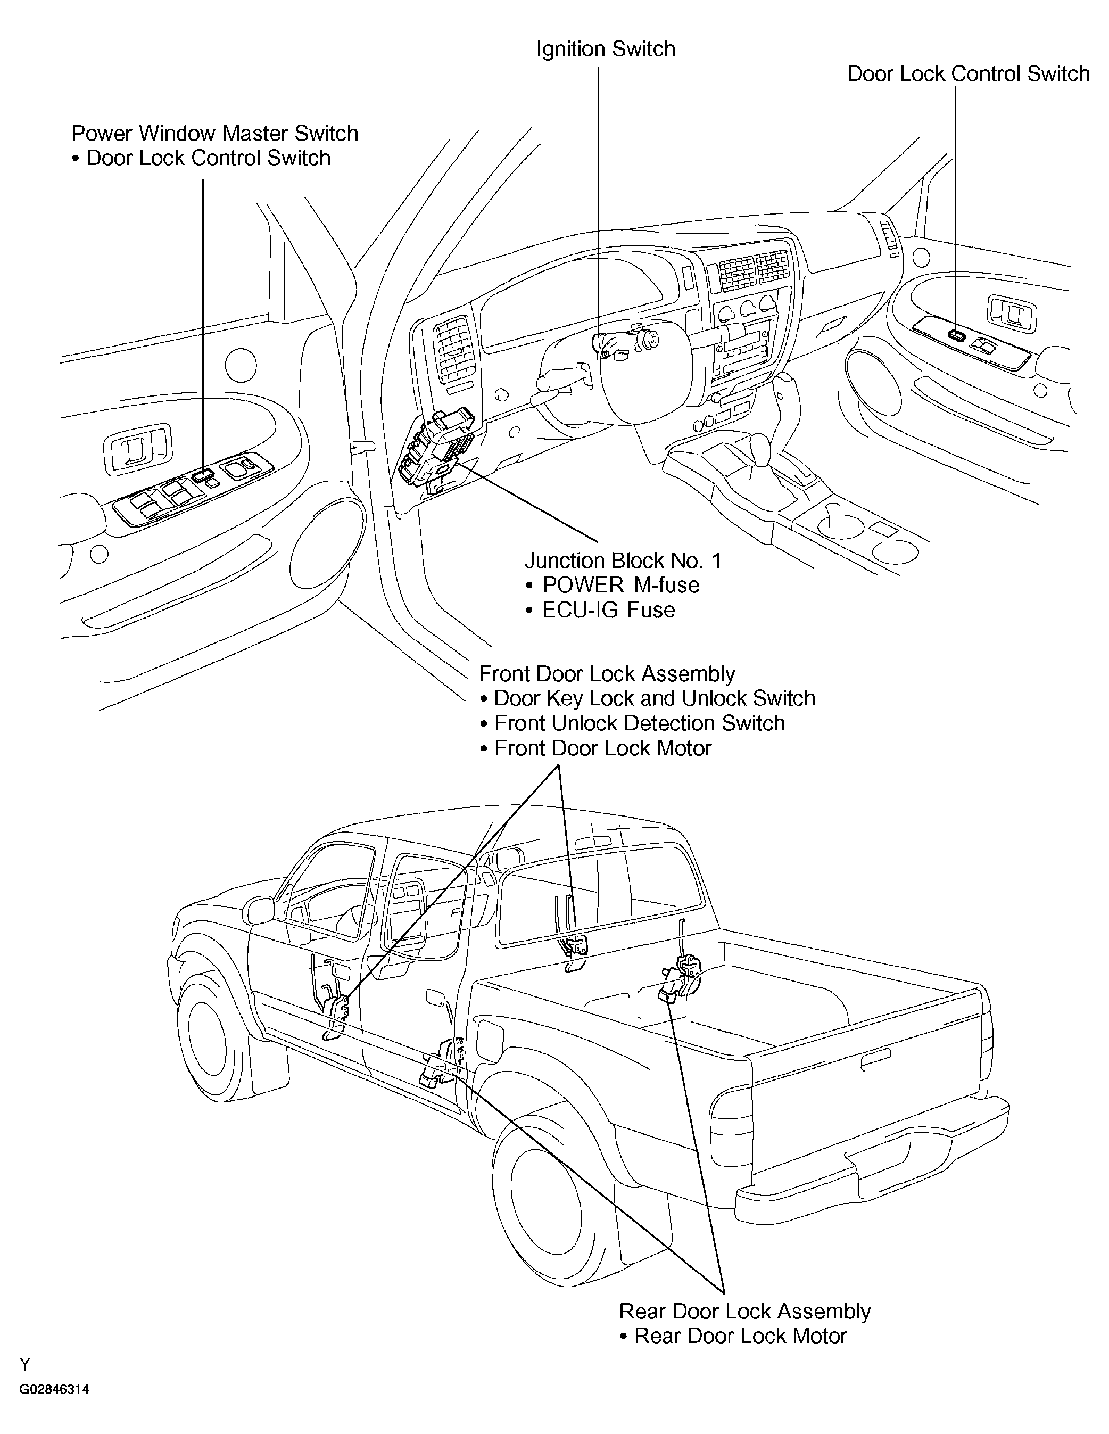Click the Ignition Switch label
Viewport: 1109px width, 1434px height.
point(606,50)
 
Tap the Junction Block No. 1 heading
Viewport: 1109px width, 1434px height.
point(623,560)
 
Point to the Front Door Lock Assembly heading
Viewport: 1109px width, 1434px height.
point(607,674)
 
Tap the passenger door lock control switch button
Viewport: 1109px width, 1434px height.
point(957,335)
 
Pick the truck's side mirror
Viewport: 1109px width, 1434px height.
point(261,911)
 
